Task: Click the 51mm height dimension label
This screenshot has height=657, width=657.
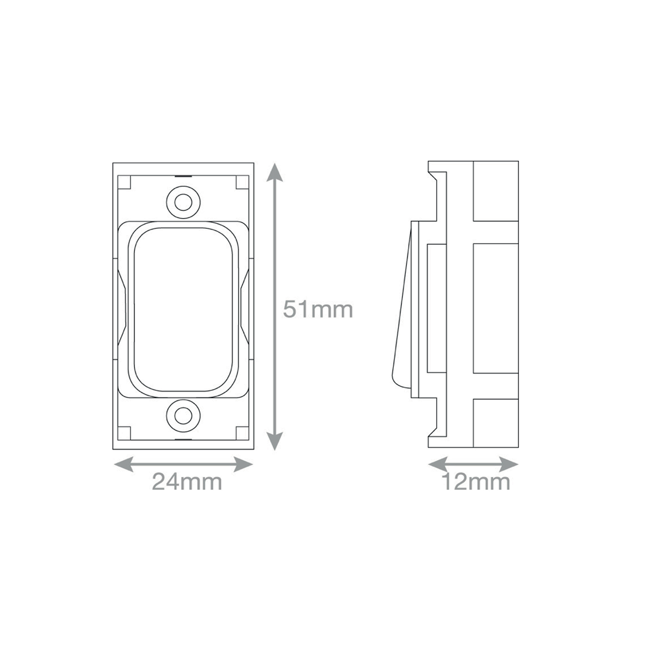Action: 318,310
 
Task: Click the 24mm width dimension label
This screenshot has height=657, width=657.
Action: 187,482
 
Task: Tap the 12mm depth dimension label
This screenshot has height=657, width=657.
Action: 476,482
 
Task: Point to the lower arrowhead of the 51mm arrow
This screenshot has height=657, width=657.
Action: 275,441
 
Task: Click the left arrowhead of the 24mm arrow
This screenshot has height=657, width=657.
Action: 123,464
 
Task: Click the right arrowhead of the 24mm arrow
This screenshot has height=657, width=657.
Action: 243,464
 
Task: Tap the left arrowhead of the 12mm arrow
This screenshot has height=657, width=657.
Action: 438,464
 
